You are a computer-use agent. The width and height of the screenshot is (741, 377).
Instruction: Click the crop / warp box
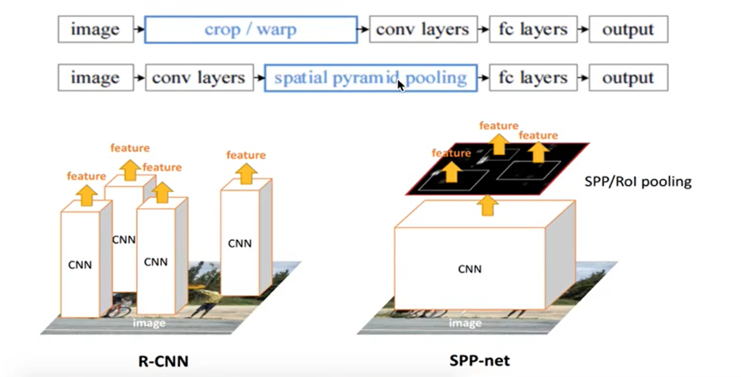click(x=251, y=29)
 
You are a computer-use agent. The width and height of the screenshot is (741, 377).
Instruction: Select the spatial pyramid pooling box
click(x=370, y=78)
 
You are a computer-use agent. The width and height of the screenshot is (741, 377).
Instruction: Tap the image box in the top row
click(x=95, y=29)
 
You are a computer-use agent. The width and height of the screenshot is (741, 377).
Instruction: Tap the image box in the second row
click(x=95, y=78)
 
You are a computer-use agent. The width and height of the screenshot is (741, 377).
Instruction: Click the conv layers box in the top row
click(x=423, y=29)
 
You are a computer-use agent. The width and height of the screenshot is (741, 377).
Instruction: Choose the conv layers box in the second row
click(x=198, y=78)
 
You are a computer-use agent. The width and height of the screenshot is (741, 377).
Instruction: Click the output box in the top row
click(x=628, y=29)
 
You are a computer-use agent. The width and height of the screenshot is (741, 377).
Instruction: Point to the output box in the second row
click(x=628, y=78)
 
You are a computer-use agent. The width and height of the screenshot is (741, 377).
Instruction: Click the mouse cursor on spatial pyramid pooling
click(x=400, y=84)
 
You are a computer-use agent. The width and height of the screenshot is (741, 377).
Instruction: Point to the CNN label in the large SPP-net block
click(x=469, y=269)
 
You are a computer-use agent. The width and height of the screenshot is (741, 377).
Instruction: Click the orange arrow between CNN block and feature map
click(x=487, y=206)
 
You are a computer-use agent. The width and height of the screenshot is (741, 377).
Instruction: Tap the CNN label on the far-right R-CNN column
click(x=240, y=243)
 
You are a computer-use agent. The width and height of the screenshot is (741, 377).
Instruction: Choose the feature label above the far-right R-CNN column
click(x=246, y=155)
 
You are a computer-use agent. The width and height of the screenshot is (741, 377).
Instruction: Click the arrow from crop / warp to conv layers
click(x=364, y=29)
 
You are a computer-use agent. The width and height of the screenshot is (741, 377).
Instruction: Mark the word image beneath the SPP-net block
click(x=465, y=323)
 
